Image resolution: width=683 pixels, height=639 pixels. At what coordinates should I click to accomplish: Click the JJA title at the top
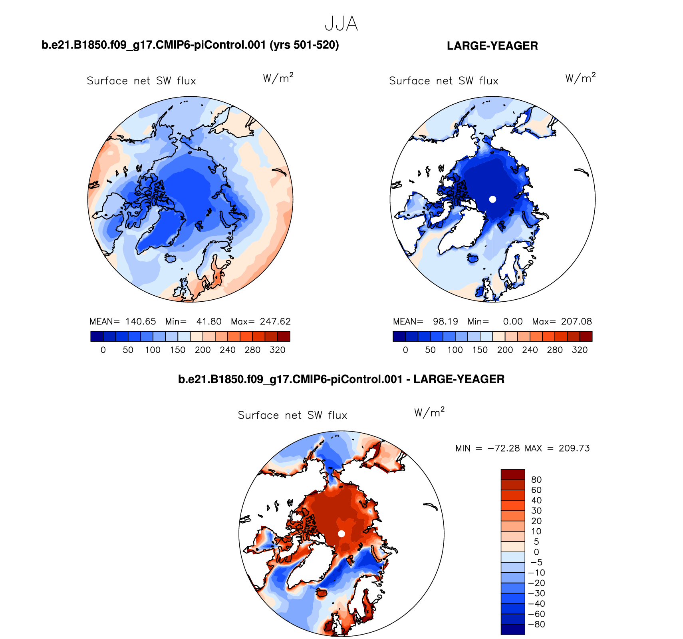pos(341,24)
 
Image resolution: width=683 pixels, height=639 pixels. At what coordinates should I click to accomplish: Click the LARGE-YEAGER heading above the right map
pos(492,46)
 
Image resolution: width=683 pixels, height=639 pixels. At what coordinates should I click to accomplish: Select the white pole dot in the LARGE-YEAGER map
pos(492,199)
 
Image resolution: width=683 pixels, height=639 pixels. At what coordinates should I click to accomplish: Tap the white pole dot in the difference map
pos(341,533)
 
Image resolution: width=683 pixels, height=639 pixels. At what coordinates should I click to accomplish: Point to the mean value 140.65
pos(141,322)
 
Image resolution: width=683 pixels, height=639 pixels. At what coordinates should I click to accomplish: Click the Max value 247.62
pos(275,322)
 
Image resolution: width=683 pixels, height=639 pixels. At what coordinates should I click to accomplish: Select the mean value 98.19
pos(445,322)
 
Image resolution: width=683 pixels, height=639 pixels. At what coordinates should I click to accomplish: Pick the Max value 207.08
pos(576,322)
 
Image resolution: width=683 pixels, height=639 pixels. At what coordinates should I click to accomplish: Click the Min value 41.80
pos(209,322)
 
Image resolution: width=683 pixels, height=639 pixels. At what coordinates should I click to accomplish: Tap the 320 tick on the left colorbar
pos(277,350)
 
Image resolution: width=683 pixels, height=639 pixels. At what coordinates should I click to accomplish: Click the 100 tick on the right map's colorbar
pos(455,350)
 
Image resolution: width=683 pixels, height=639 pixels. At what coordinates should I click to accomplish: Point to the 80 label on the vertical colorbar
pos(536,480)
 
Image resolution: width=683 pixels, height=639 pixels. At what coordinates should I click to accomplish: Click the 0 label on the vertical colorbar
pos(536,552)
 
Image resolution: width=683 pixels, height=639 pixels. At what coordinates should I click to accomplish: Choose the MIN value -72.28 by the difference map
pos(504,448)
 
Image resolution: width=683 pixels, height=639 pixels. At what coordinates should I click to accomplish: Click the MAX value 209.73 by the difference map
pos(574,448)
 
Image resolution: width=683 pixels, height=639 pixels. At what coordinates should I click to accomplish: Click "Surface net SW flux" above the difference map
pos(292,416)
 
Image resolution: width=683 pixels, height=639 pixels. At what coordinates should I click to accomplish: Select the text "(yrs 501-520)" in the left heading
pos(304,45)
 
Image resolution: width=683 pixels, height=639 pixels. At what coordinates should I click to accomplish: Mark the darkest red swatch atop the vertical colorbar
pos(513,474)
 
